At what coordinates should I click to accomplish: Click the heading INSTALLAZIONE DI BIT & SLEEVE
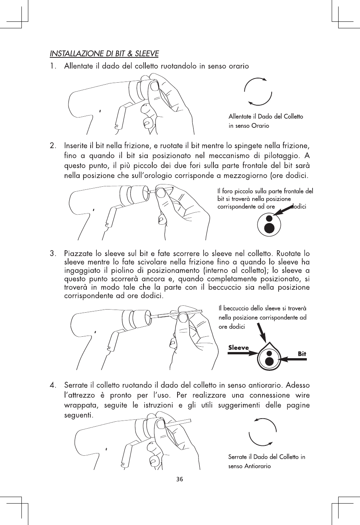click(x=104, y=53)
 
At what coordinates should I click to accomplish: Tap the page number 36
click(x=180, y=479)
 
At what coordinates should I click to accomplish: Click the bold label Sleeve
click(x=238, y=348)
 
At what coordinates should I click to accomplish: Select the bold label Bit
click(x=302, y=354)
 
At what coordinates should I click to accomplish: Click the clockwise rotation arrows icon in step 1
click(x=258, y=91)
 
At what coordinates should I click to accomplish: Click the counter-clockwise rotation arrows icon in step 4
click(x=262, y=432)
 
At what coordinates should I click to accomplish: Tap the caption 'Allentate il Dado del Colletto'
click(x=266, y=116)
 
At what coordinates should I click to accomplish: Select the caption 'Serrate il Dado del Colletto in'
click(x=267, y=457)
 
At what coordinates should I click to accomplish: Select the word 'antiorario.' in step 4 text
click(x=264, y=384)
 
